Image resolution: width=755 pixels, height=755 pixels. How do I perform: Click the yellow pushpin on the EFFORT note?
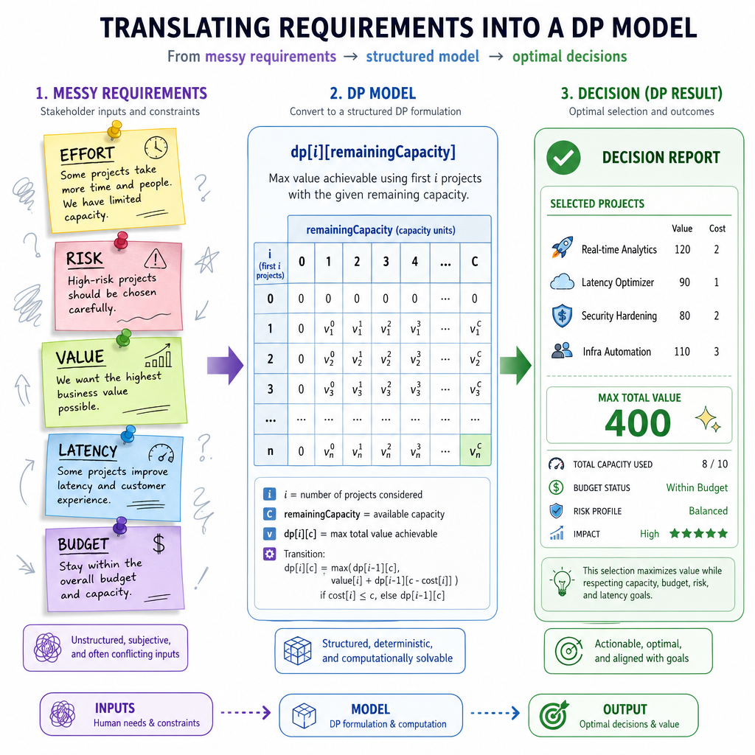tap(114, 130)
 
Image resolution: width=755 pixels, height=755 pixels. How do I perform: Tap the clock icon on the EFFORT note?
tap(156, 147)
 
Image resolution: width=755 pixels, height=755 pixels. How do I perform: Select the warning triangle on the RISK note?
tap(155, 259)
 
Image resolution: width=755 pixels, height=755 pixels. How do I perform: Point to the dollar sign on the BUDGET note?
tap(159, 543)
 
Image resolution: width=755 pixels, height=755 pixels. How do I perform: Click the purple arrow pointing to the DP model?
tap(226, 366)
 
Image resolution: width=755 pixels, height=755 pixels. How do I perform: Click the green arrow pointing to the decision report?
tap(515, 366)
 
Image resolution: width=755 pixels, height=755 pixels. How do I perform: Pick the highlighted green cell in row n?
tap(476, 450)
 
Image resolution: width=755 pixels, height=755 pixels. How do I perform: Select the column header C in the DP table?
tap(475, 262)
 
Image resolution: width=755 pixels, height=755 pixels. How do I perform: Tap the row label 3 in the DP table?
tap(270, 389)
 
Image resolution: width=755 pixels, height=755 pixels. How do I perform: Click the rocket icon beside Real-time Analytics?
tap(562, 248)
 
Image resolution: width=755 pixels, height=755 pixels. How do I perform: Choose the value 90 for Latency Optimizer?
tap(684, 282)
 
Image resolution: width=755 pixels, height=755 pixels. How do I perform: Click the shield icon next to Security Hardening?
tap(562, 316)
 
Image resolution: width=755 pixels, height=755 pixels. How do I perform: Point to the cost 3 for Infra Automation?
tap(717, 352)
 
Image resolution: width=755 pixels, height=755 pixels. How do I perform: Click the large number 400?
tap(638, 423)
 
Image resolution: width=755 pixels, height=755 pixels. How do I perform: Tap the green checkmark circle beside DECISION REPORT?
tap(563, 158)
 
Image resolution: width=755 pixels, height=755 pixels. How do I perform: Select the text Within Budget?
tap(697, 488)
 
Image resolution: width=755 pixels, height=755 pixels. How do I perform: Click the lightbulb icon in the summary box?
tap(562, 582)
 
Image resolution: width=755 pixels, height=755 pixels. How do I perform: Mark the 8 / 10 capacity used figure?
tap(714, 465)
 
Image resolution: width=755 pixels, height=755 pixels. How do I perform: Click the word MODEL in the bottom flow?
tap(370, 709)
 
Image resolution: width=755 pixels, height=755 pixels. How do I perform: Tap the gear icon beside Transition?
tap(269, 554)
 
